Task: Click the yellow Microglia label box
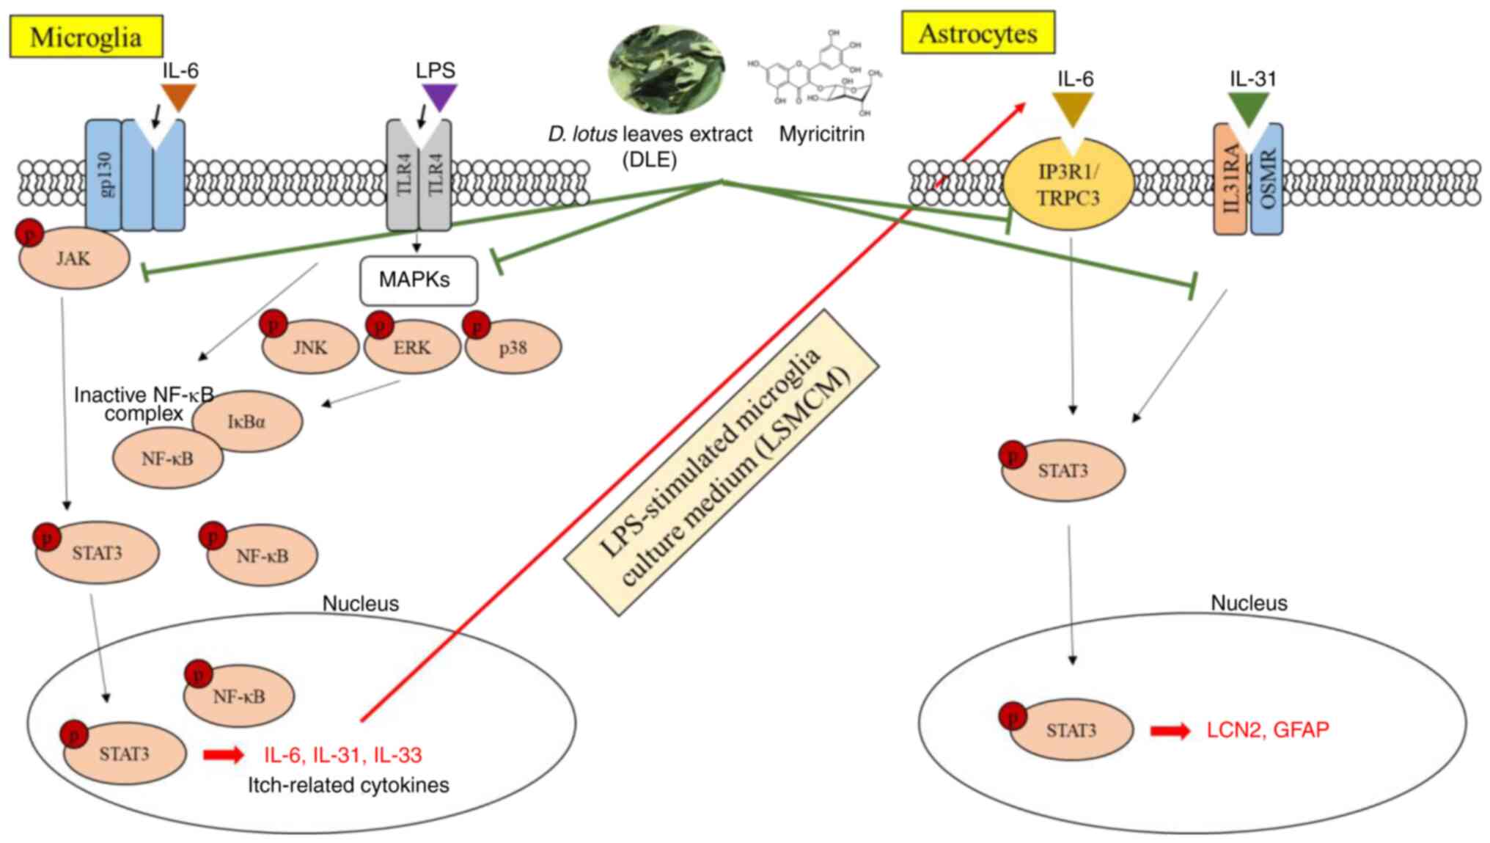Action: (86, 37)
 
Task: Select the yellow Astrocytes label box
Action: (977, 33)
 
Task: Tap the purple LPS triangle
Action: (439, 97)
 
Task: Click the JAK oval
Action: (74, 258)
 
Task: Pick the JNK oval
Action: (311, 348)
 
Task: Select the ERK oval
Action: (412, 348)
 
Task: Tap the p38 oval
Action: (513, 348)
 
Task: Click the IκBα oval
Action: (248, 421)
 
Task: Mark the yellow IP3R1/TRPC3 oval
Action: (1068, 185)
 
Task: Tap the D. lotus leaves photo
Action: (666, 70)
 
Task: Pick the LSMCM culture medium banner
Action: (722, 462)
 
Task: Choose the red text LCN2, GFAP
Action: (1267, 730)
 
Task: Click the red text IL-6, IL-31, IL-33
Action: (342, 755)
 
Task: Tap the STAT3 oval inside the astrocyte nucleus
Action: (1071, 730)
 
